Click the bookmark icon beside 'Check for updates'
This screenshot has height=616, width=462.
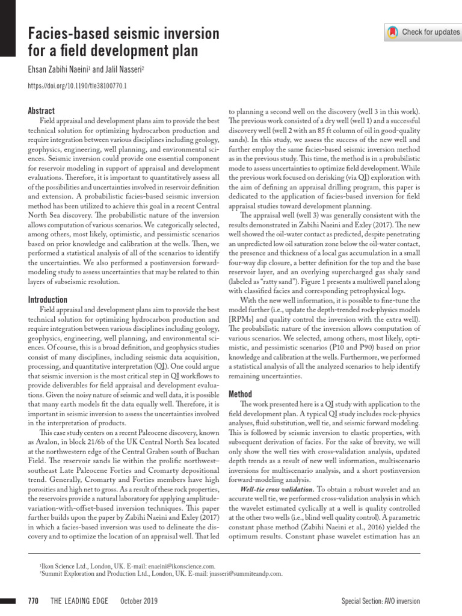[393, 32]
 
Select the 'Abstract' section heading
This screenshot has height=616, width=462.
[42, 111]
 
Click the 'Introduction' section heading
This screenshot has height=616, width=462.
[48, 300]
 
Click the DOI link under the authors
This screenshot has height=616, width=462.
[78, 86]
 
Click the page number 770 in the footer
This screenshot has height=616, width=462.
[33, 602]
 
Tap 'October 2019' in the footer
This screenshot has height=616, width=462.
[140, 602]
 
